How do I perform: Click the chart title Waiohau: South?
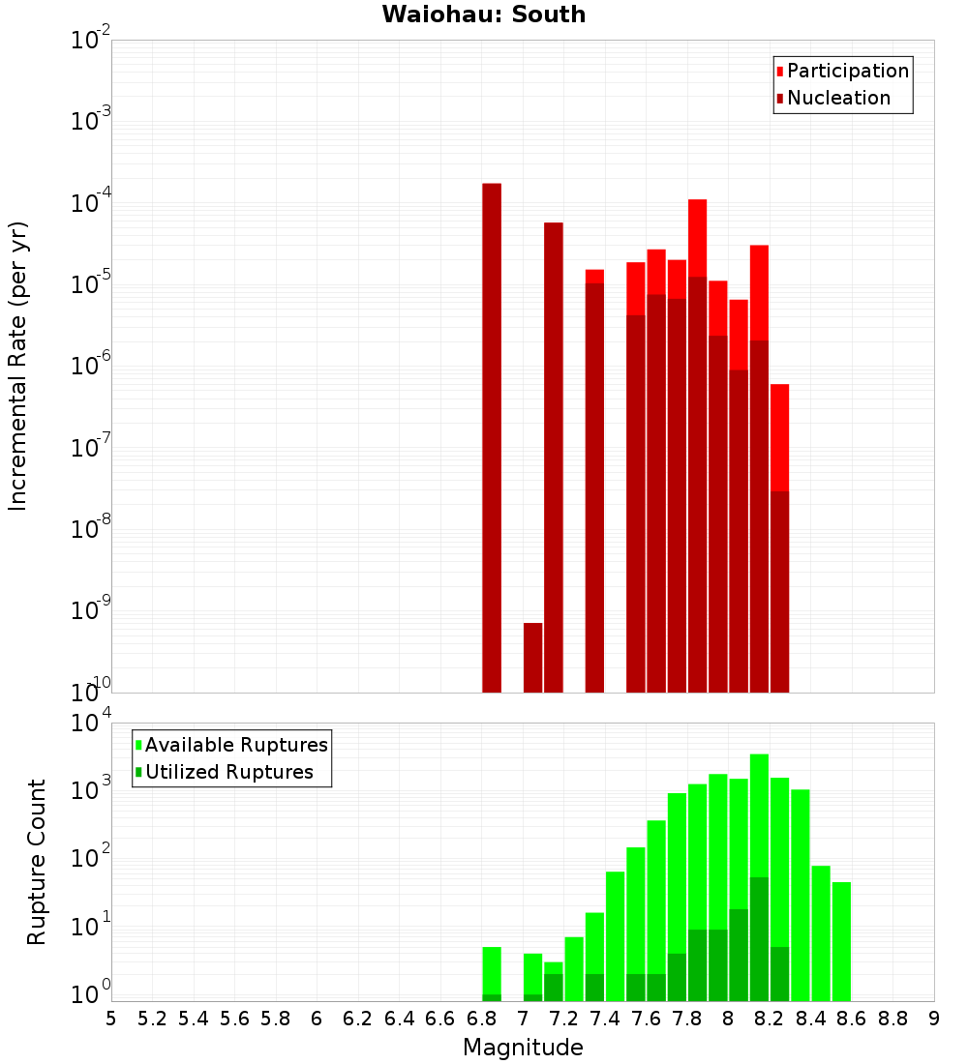click(x=483, y=15)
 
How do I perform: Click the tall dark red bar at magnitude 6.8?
click(x=492, y=435)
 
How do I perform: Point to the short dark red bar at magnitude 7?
click(x=532, y=658)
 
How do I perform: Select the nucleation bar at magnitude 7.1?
click(x=554, y=455)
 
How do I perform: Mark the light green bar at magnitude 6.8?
click(x=492, y=967)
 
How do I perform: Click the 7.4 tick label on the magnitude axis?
click(x=605, y=1019)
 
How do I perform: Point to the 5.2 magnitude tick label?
click(x=152, y=1019)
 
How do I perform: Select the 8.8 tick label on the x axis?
click(x=892, y=1019)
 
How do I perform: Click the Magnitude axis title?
click(x=523, y=1048)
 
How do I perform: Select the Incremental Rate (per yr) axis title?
click(x=19, y=367)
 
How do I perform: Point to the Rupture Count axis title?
click(x=37, y=862)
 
